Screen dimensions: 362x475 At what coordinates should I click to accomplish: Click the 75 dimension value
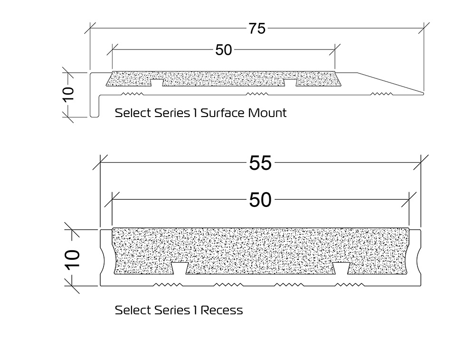coord(256,29)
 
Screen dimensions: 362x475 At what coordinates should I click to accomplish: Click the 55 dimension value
coord(260,163)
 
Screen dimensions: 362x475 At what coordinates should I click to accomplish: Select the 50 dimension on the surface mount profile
coord(223,49)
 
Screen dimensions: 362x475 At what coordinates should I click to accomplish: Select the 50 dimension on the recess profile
coord(260,200)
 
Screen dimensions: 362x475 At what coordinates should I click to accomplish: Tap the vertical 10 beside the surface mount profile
coord(68,94)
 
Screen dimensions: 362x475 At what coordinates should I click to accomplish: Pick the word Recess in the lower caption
coord(221,311)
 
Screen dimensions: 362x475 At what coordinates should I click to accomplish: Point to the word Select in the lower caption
coord(133,311)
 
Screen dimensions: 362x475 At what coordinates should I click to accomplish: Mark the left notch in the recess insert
coord(180,269)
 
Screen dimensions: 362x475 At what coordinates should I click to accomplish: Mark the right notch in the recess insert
coord(341,269)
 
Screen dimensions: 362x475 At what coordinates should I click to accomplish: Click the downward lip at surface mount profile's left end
coord(94,107)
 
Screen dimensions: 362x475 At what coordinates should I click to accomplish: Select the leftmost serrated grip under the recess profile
coord(167,285)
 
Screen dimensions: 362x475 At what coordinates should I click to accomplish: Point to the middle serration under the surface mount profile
coord(256,94)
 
